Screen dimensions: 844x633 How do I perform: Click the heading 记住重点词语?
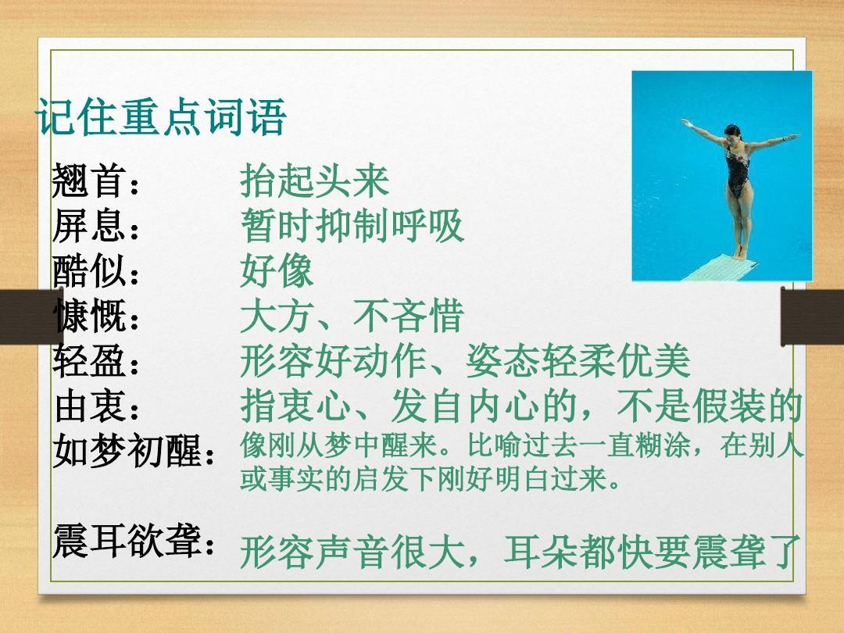tap(161, 116)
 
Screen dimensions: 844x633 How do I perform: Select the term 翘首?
tap(89, 181)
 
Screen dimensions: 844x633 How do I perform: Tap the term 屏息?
tap(89, 226)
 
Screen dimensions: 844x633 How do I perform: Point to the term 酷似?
tap(89, 270)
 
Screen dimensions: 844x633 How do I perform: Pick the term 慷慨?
tap(89, 316)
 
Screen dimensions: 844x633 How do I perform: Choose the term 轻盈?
tap(89, 360)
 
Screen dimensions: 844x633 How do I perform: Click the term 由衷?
tap(89, 406)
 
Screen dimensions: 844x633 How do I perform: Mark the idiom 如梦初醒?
tap(127, 450)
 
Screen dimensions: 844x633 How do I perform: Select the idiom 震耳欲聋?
tap(127, 540)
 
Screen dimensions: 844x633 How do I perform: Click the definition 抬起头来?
tap(314, 181)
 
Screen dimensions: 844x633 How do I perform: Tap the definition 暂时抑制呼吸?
tap(352, 226)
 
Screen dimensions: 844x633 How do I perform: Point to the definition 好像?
tap(277, 270)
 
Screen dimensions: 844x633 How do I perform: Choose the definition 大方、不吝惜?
tap(352, 316)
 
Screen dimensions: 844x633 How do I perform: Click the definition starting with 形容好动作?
tap(465, 360)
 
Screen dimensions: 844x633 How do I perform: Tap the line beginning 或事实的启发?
tap(429, 478)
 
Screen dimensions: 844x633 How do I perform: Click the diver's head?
tap(732, 132)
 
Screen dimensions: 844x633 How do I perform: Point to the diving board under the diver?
tap(721, 267)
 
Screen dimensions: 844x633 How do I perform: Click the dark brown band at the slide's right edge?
tap(812, 316)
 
